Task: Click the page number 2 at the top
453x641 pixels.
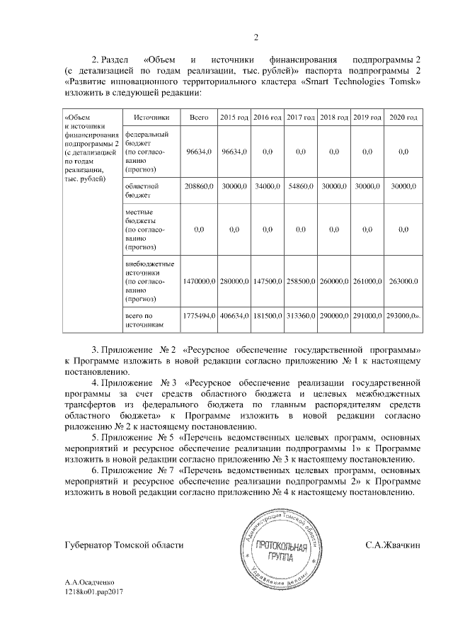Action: tap(257, 37)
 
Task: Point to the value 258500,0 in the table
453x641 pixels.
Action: tap(301, 281)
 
